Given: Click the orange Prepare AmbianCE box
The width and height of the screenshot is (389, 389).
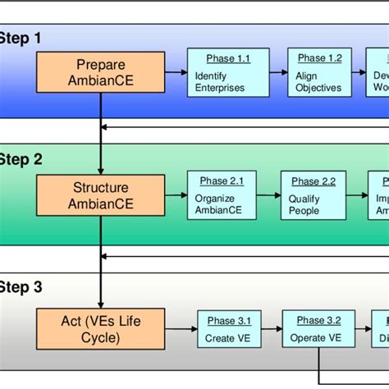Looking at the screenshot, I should point(100,73).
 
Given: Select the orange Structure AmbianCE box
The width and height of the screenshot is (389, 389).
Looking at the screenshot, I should point(100,195).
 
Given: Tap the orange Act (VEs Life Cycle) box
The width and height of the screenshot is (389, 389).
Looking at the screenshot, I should point(100,325).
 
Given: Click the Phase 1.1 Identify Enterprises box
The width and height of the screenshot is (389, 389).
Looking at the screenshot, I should point(219,73).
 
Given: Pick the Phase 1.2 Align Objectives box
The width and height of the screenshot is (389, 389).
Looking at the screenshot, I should point(319,73).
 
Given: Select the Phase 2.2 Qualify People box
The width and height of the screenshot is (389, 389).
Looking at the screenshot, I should point(311,195).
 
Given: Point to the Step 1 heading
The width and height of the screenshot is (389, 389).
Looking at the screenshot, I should point(20,38).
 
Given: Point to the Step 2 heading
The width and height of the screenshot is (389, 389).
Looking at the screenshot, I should point(20,160).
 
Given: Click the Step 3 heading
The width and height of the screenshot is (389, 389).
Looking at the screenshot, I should point(20,287).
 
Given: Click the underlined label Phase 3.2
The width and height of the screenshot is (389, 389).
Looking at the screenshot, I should point(313,321).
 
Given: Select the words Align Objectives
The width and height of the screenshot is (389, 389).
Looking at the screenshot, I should point(319,88).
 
